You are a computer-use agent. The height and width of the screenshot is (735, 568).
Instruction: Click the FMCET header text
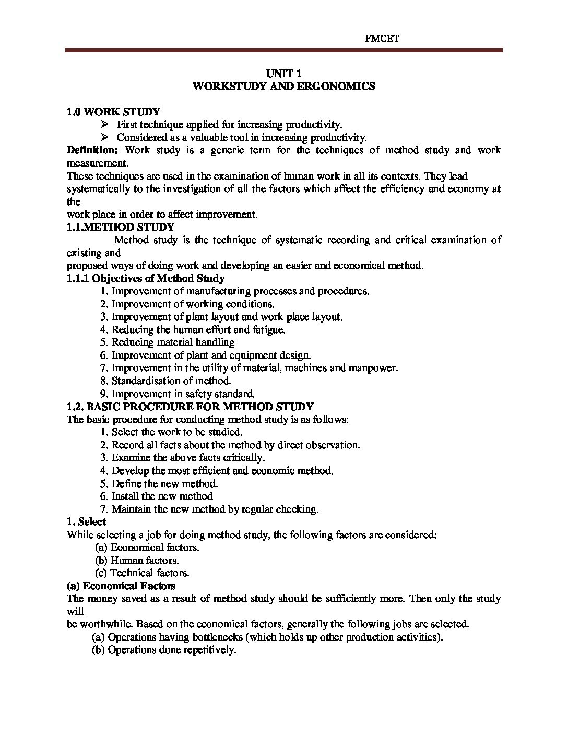tap(384, 39)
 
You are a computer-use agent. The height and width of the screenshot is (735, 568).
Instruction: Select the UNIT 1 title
tap(283, 74)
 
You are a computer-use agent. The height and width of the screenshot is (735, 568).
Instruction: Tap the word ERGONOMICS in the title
tap(339, 87)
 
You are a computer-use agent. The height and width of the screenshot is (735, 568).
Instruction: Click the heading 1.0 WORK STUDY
tap(114, 111)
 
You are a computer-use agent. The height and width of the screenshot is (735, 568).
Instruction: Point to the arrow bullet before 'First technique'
tap(104, 124)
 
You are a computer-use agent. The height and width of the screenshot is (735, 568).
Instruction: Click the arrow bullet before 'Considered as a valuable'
tap(104, 137)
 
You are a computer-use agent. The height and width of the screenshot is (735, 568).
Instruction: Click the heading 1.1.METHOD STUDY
tap(121, 227)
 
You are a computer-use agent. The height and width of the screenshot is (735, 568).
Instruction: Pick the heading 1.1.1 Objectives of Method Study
tap(146, 278)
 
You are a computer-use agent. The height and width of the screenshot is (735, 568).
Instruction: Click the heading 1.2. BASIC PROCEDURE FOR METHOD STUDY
tap(191, 407)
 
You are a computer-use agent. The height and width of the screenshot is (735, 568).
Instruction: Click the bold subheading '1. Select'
tap(87, 521)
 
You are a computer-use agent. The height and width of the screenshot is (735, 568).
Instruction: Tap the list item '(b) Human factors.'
tap(137, 560)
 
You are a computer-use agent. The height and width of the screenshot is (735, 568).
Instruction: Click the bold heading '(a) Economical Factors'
tap(121, 586)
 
